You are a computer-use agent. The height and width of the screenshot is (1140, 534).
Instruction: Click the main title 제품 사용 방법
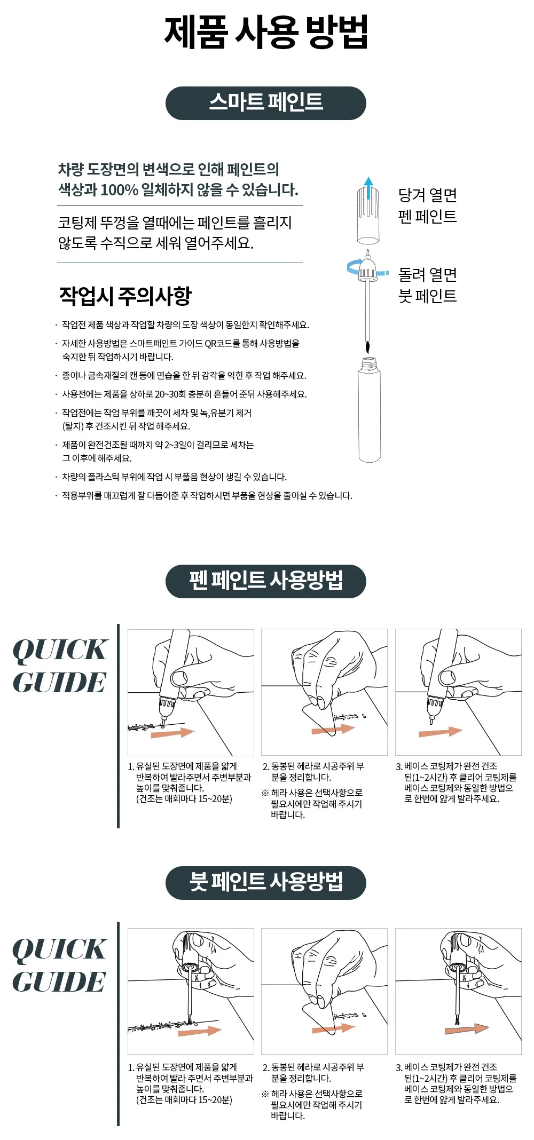click(x=266, y=33)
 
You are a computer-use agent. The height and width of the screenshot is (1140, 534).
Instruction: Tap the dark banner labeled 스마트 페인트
click(x=266, y=103)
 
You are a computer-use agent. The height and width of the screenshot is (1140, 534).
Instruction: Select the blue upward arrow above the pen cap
click(x=368, y=188)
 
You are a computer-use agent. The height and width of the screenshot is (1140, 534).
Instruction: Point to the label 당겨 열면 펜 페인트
click(x=428, y=205)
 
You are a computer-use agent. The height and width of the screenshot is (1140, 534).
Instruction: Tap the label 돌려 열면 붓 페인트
click(x=428, y=285)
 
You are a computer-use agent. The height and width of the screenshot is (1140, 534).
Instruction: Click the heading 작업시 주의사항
click(x=125, y=296)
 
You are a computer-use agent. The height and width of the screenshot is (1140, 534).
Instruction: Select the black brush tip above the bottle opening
click(x=367, y=347)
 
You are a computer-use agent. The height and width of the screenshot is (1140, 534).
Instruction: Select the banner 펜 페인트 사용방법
click(x=266, y=581)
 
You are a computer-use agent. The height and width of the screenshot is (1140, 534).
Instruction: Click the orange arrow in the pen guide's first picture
click(x=172, y=732)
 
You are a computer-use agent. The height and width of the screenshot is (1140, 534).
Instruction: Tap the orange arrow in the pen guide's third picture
click(x=441, y=731)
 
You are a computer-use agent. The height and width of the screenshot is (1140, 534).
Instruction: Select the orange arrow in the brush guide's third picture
click(x=467, y=1028)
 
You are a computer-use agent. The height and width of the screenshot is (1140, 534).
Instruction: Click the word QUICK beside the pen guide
click(x=60, y=650)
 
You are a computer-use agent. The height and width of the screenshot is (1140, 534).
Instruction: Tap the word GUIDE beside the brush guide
click(x=59, y=982)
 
